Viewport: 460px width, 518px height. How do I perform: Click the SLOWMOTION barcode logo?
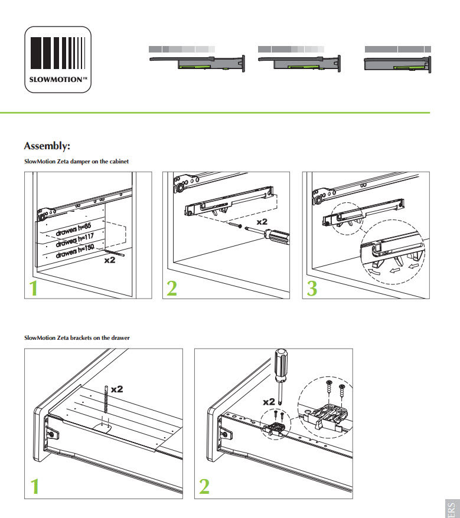(58, 60)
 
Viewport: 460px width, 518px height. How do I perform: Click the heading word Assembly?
(47, 146)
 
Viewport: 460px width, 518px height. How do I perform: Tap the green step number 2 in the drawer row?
(204, 487)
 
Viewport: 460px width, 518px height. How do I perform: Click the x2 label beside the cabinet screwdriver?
(262, 222)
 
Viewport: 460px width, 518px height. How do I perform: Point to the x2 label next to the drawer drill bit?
(116, 389)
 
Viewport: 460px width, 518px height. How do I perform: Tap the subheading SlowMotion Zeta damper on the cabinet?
(76, 161)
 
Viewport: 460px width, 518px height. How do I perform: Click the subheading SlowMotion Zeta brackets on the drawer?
(77, 337)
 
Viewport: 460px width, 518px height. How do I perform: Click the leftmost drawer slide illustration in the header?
(197, 59)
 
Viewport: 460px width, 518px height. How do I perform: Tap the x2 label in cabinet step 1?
(109, 260)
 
